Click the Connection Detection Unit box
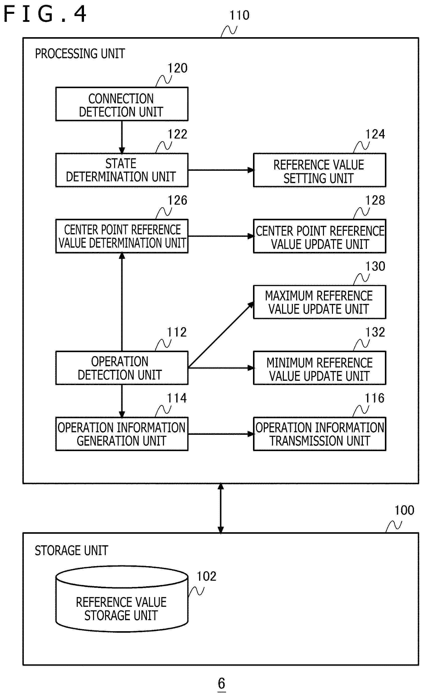coord(122,104)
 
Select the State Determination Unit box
coord(122,170)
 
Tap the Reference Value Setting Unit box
coord(319,170)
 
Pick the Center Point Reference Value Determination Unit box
coord(122,236)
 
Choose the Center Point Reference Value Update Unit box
coord(319,236)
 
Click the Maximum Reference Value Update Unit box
coord(319,302)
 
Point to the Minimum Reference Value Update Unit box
coord(319,368)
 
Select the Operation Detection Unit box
coord(122,368)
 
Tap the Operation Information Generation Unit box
coord(122,434)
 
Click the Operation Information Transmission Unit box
coord(319,434)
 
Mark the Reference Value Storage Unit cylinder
coord(122,599)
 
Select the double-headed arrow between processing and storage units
coord(221,508)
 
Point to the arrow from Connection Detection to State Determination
coord(122,137)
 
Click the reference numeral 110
coord(239,15)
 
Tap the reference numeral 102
coord(207,576)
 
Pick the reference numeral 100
coord(404,510)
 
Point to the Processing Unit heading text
coord(80,53)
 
